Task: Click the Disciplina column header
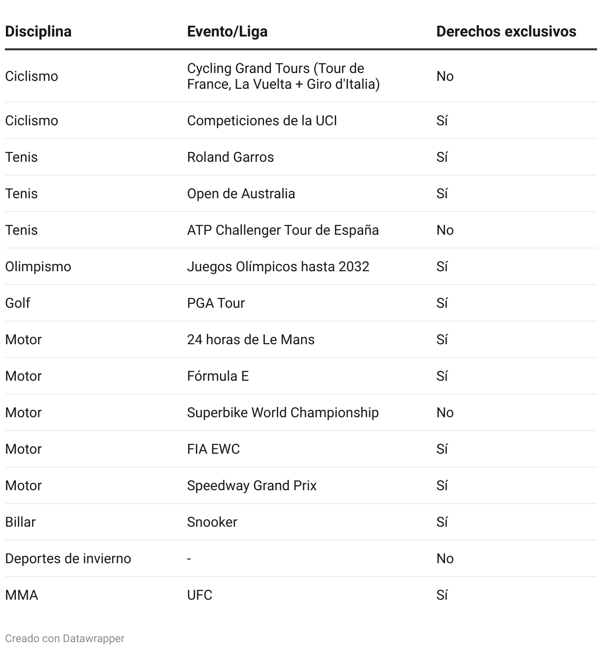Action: click(38, 32)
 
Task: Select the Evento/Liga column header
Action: click(227, 32)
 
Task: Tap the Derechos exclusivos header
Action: click(506, 32)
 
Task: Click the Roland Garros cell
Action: click(230, 157)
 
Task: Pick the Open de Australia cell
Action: click(241, 194)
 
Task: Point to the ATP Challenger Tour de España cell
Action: click(283, 230)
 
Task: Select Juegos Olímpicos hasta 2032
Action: click(278, 267)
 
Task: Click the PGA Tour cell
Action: click(216, 303)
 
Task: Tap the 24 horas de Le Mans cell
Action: click(251, 340)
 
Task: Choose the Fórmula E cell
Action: click(218, 376)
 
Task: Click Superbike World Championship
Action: click(283, 413)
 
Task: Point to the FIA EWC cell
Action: click(213, 449)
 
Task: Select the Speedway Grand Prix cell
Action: click(252, 486)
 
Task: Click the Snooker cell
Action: click(212, 522)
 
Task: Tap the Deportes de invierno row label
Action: click(68, 559)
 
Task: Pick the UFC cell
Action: click(199, 595)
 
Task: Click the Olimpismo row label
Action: click(38, 267)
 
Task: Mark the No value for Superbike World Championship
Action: click(445, 413)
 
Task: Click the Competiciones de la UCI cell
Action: click(262, 121)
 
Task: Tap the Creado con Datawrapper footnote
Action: click(65, 639)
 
